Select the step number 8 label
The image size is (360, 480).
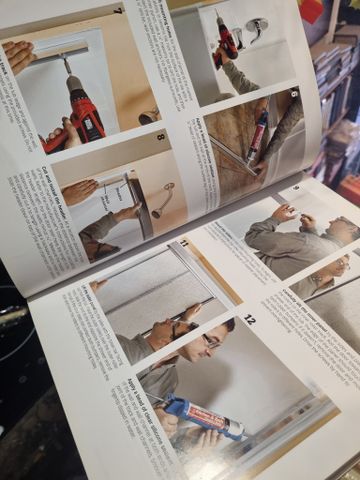point(160,136)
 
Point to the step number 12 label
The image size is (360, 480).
point(249,321)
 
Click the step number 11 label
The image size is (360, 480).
point(183,243)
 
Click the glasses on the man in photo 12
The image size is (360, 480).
point(212,341)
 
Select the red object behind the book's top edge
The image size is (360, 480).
point(312,10)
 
